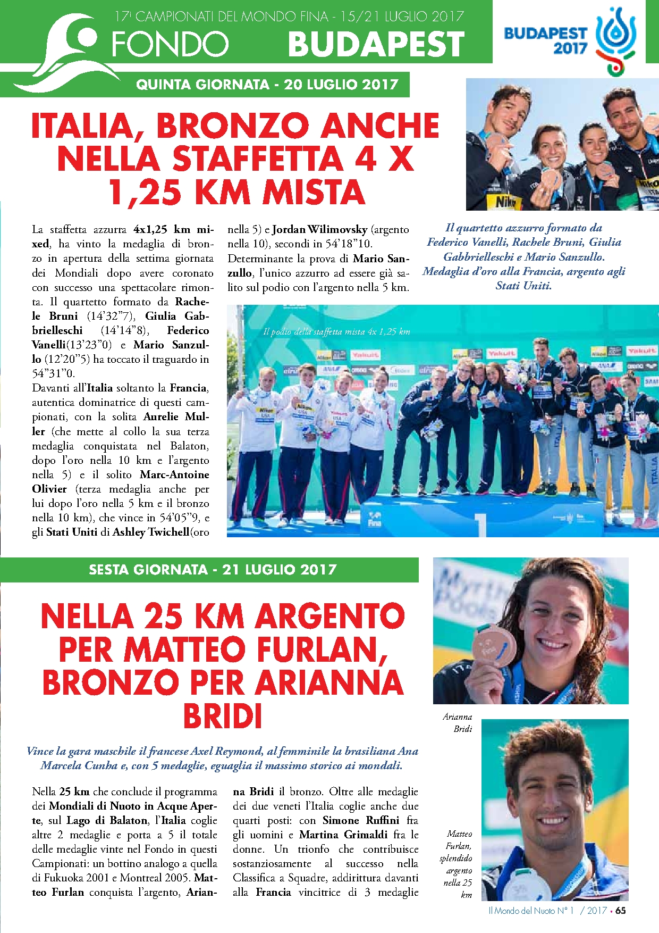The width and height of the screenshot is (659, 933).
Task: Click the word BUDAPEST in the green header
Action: point(376,44)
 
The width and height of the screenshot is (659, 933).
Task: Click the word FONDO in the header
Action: point(170,44)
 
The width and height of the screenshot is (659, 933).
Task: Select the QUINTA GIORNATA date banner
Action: point(267,85)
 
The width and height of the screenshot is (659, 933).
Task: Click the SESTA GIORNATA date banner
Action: point(213,570)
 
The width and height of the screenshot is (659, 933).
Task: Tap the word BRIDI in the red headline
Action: point(223,716)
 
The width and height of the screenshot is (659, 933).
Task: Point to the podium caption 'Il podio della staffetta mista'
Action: point(336,332)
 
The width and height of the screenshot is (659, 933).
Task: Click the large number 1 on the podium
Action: point(480,523)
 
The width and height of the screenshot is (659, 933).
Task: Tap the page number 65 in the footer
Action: point(620,911)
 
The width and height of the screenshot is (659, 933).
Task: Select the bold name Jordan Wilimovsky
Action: point(320,230)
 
